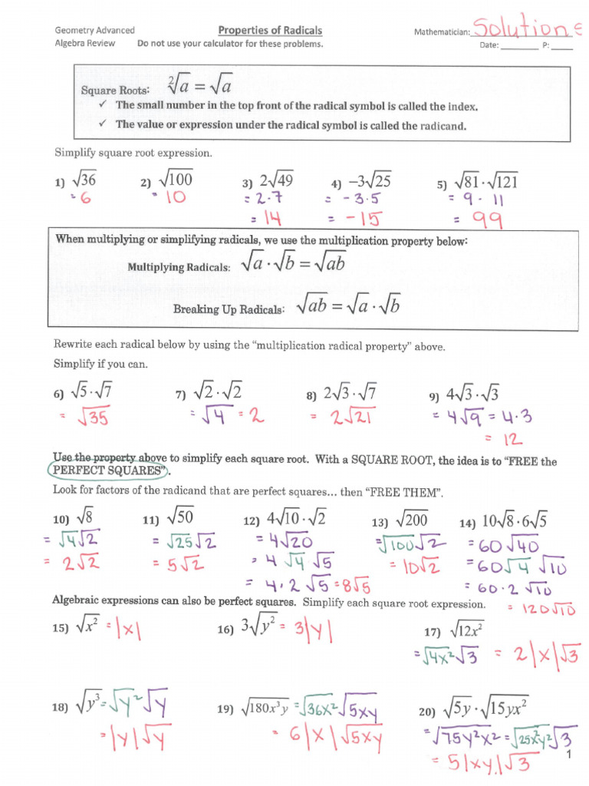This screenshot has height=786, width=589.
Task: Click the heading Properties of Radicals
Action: tap(270, 31)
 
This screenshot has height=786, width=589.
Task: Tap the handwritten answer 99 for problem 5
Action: tap(487, 221)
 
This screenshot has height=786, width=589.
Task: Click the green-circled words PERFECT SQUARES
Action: tap(108, 470)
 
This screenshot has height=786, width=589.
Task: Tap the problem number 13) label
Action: tap(380, 522)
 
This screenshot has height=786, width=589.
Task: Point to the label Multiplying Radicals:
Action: tap(178, 267)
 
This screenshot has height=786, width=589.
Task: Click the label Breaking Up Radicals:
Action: tap(229, 309)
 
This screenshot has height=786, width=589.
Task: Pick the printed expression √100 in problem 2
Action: tap(176, 180)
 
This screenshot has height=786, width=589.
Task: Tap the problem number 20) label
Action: tap(426, 712)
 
